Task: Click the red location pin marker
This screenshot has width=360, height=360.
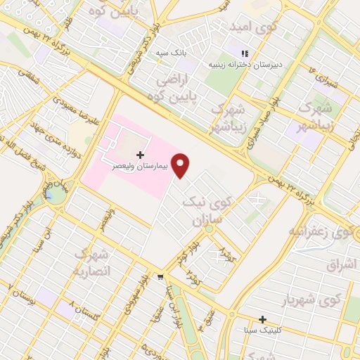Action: pyautogui.click(x=181, y=165)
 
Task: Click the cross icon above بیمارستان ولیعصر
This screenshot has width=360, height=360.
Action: pyautogui.click(x=140, y=154)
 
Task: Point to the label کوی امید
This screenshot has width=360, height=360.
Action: pyautogui.click(x=249, y=26)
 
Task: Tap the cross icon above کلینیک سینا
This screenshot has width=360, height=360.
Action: pyautogui.click(x=262, y=319)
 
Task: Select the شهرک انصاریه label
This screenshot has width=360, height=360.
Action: pyautogui.click(x=91, y=262)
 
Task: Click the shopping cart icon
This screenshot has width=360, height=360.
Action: pyautogui.click(x=161, y=277)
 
